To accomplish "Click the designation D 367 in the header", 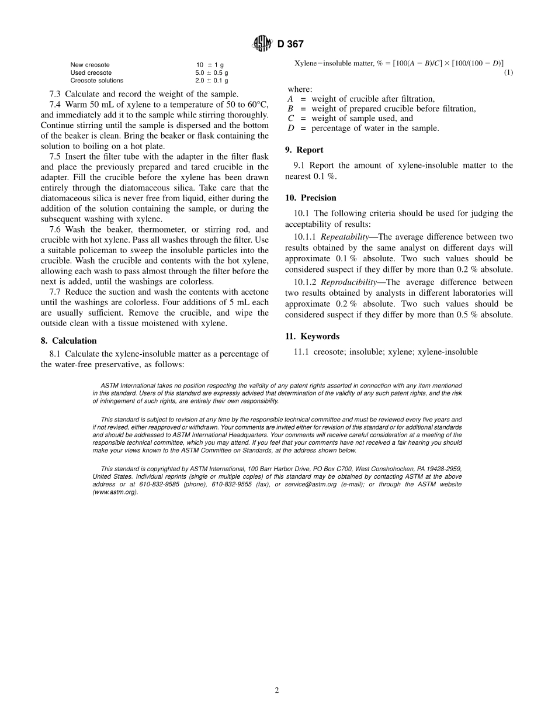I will pyautogui.click(x=290, y=44).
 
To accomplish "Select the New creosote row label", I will pyautogui.click(x=90, y=65).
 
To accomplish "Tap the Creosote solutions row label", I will pyautogui.click(x=97, y=81).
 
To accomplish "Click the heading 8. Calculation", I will pyautogui.click(x=69, y=341).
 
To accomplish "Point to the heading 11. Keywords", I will pyautogui.click(x=312, y=337).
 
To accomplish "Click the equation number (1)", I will pyautogui.click(x=508, y=72).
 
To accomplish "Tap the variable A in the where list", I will pyautogui.click(x=290, y=99).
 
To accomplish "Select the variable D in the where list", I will pyautogui.click(x=290, y=128).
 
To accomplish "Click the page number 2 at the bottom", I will pyautogui.click(x=277, y=690).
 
